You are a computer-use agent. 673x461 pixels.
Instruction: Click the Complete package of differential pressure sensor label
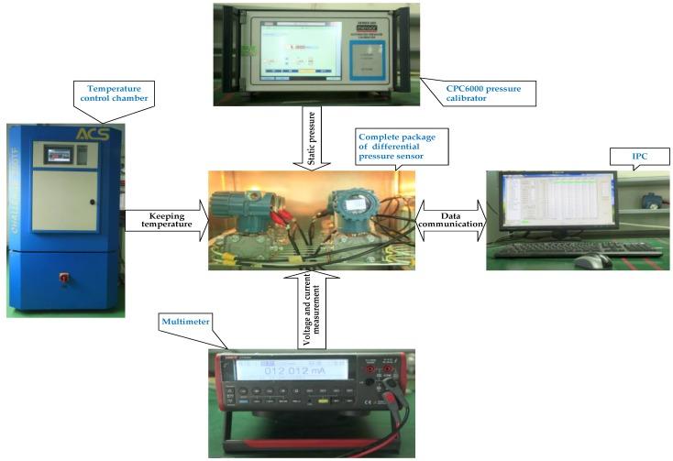[x=403, y=148]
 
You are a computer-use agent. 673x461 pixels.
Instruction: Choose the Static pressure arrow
[x=310, y=137]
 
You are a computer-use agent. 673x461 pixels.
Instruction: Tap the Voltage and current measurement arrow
[x=309, y=307]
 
